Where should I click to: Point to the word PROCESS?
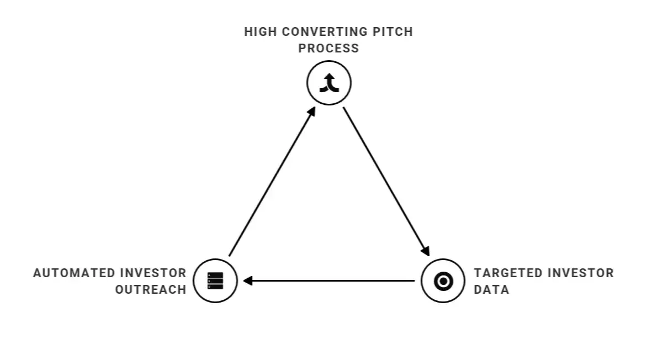(x=328, y=48)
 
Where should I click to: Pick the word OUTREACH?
(x=151, y=289)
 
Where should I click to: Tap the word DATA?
(x=491, y=289)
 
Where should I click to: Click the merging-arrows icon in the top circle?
(x=330, y=83)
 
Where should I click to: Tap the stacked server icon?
(x=215, y=281)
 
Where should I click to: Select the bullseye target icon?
(x=443, y=281)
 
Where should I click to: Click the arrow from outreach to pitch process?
(x=272, y=181)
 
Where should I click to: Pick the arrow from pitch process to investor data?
(x=386, y=182)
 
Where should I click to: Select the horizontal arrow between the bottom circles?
(x=329, y=281)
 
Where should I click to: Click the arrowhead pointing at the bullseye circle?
(x=426, y=251)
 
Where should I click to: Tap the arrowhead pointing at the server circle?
(x=247, y=281)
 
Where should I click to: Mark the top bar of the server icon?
(x=215, y=275)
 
